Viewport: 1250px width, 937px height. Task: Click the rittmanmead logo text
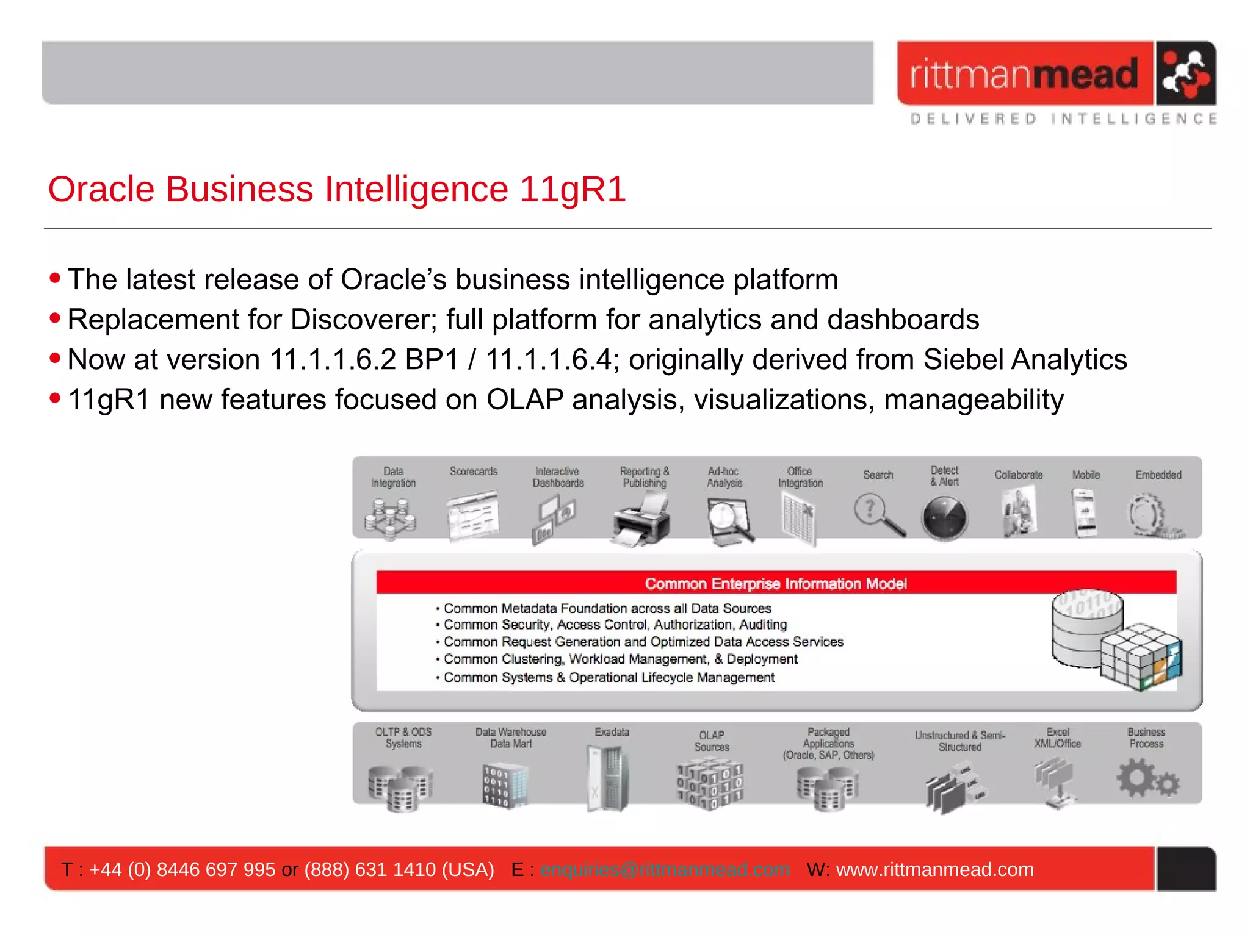point(1024,74)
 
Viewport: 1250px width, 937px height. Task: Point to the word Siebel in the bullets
point(963,360)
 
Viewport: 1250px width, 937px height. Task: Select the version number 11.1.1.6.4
point(548,360)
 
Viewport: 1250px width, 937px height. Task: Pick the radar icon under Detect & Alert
point(944,518)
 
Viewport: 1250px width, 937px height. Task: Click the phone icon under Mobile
point(1085,514)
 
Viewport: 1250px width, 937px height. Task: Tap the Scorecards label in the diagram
point(473,472)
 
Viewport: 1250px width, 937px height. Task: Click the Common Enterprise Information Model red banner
point(776,583)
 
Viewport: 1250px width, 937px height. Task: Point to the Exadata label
point(612,732)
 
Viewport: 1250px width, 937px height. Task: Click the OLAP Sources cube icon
point(710,783)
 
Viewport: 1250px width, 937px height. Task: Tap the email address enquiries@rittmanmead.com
point(665,869)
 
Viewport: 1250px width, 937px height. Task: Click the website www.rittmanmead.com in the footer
point(934,869)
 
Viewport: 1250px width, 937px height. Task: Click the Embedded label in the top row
point(1158,475)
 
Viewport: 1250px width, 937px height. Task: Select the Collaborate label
point(1018,475)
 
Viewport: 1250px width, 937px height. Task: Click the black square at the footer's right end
point(1185,869)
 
